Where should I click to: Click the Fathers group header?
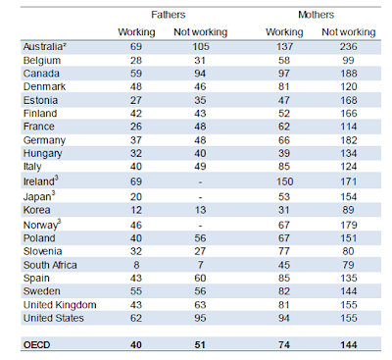(x=168, y=15)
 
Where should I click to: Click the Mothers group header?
(x=316, y=15)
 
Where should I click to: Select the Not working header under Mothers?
(x=349, y=32)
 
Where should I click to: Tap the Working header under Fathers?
(x=136, y=32)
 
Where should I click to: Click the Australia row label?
(x=45, y=46)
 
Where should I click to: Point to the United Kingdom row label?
(x=60, y=305)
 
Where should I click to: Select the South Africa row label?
(x=50, y=265)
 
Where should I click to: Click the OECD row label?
(x=36, y=344)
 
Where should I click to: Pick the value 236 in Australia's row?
(x=348, y=46)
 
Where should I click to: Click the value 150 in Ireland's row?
(x=284, y=181)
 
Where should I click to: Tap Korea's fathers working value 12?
(x=136, y=210)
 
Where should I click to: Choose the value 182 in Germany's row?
(x=349, y=140)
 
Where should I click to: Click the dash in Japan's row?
(x=200, y=197)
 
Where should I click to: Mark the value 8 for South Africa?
(x=136, y=265)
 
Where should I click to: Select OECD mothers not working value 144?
(x=349, y=344)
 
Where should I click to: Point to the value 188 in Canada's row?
(x=349, y=74)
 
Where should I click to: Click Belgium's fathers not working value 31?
(x=200, y=60)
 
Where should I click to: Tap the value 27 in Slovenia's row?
(x=200, y=251)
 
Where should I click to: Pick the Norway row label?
(x=42, y=225)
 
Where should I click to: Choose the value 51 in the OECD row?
(x=200, y=344)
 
